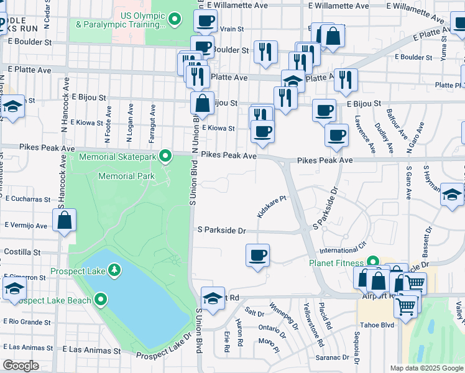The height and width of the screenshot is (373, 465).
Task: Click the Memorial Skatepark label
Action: click(117, 156)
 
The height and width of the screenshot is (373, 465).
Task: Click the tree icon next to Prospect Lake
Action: click(114, 270)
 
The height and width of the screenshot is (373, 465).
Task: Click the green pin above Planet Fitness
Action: click(373, 262)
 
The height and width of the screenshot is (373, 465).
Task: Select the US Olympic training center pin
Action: click(175, 19)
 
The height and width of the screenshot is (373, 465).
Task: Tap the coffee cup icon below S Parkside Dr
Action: click(257, 255)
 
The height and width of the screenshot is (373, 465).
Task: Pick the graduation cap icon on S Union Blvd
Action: click(213, 298)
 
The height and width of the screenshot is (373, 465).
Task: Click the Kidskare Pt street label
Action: click(272, 207)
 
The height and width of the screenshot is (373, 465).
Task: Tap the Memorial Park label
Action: click(126, 176)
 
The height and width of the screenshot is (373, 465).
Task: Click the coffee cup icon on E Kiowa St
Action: click(262, 132)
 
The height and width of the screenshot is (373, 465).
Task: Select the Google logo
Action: click(21, 366)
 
